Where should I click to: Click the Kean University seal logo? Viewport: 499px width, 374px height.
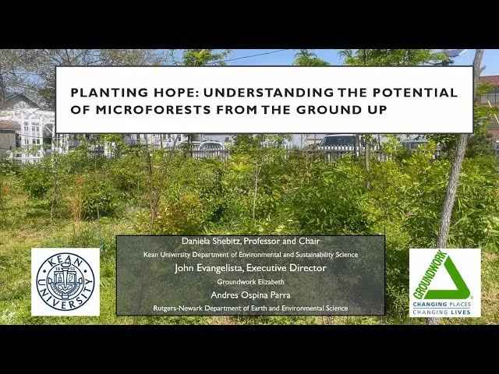[65, 282]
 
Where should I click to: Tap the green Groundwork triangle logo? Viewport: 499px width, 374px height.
[444, 274]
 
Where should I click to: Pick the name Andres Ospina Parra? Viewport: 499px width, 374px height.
[250, 295]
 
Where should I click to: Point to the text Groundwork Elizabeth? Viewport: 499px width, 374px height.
[250, 281]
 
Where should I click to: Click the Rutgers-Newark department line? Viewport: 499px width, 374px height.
[250, 309]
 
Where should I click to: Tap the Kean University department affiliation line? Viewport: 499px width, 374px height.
[250, 255]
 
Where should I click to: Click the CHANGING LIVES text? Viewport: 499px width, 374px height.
[444, 311]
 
